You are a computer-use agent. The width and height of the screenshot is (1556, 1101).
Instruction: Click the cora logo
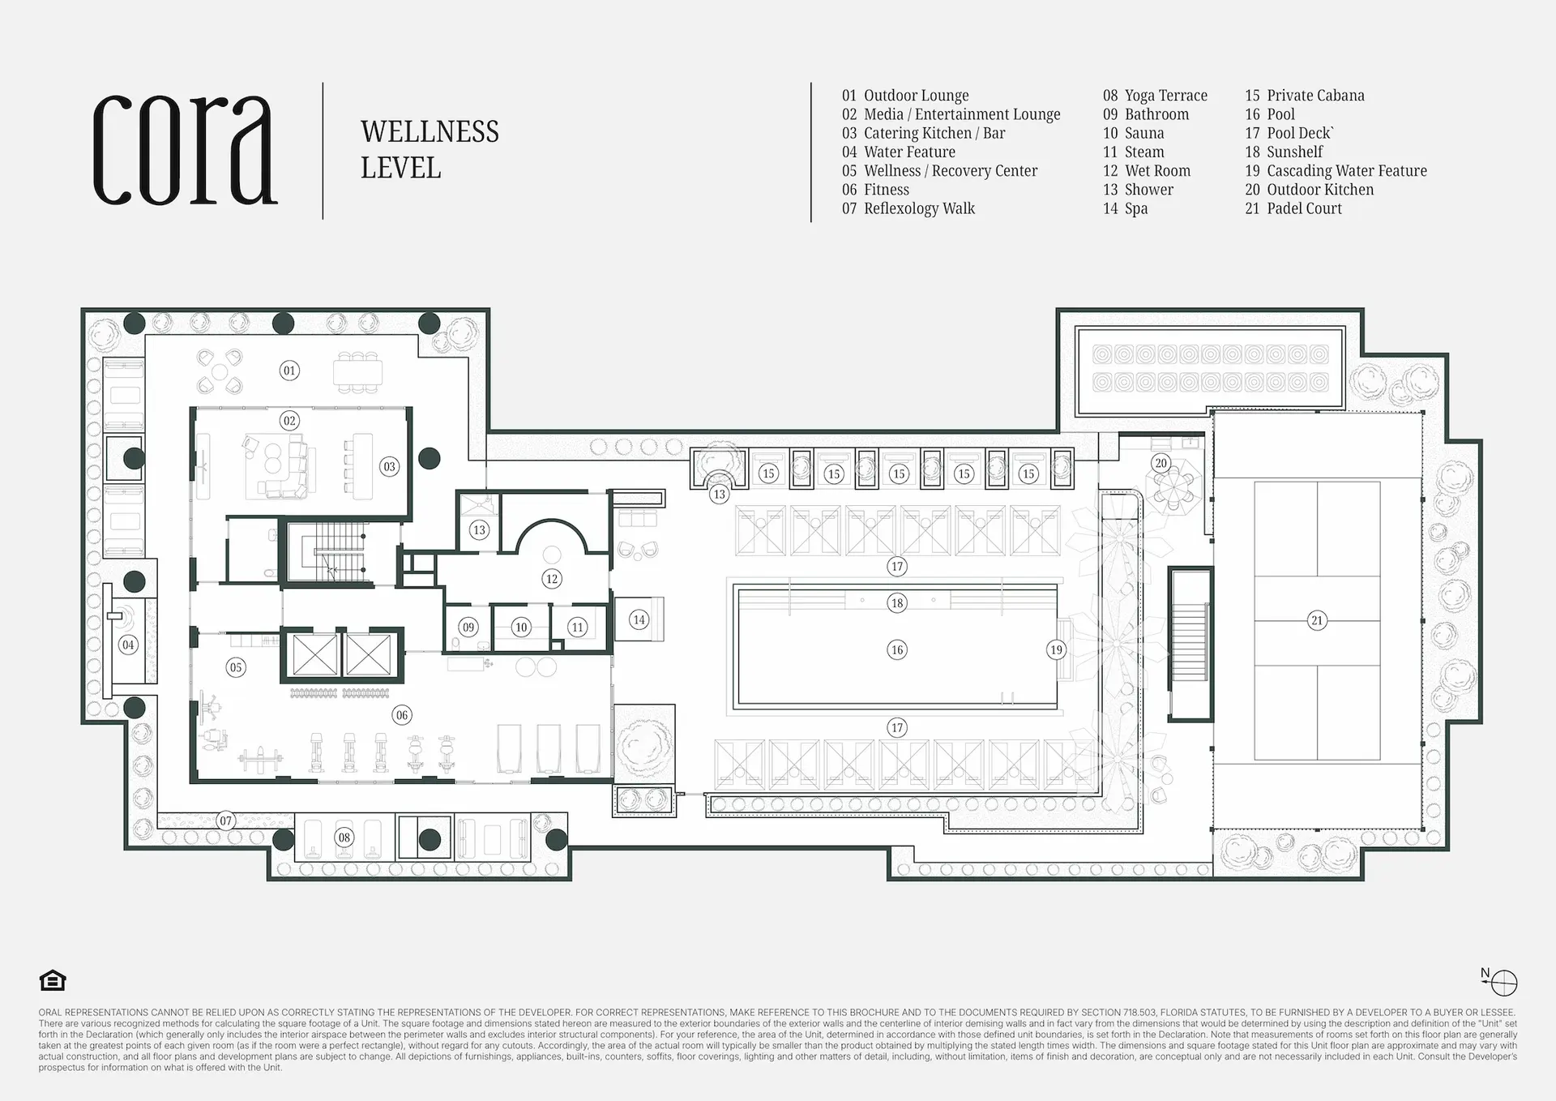click(185, 150)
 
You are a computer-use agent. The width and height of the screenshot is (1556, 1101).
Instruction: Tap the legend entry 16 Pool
click(1270, 114)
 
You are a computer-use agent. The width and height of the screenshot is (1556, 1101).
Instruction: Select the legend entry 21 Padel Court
click(1293, 208)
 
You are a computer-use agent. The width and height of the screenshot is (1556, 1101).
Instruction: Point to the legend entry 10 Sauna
click(1133, 133)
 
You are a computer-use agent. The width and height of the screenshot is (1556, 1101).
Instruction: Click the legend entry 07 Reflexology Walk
click(908, 208)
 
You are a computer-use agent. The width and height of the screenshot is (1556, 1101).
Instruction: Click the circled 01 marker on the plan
click(289, 371)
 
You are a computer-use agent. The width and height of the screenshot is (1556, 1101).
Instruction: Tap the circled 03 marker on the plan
click(390, 466)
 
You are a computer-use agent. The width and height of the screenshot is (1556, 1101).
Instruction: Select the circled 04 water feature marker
click(128, 645)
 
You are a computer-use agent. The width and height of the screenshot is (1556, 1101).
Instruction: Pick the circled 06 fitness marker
click(402, 715)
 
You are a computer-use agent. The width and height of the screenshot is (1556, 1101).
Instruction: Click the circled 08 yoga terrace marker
click(344, 838)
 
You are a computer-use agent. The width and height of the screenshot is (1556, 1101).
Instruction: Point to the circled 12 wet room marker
click(552, 579)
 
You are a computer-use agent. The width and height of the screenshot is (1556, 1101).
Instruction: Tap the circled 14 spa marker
click(639, 620)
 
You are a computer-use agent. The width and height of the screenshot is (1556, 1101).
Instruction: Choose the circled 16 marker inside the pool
click(897, 649)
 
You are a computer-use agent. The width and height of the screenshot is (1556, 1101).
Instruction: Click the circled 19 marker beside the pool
click(1056, 649)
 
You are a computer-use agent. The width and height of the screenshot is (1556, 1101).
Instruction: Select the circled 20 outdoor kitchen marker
click(1161, 463)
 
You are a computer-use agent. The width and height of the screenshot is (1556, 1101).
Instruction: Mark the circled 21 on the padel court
click(1317, 620)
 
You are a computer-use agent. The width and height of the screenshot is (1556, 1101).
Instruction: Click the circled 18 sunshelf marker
click(897, 602)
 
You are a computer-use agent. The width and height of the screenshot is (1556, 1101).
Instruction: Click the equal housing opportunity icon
click(53, 981)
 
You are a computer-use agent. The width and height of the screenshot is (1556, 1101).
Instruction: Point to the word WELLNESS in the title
click(430, 131)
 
